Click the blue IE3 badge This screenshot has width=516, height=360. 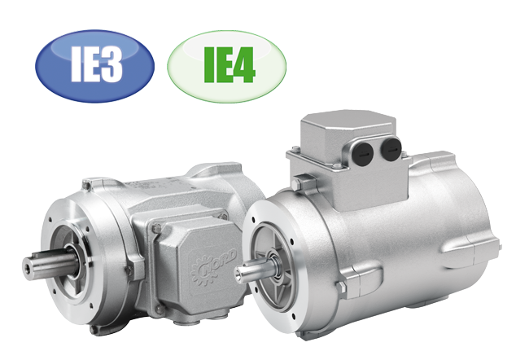pos(94,65)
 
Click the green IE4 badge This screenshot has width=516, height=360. pos(227,67)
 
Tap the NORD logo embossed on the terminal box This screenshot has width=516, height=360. pos(214,264)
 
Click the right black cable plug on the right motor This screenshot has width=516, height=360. pos(391,148)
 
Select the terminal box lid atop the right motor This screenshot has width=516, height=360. pos(349,130)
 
